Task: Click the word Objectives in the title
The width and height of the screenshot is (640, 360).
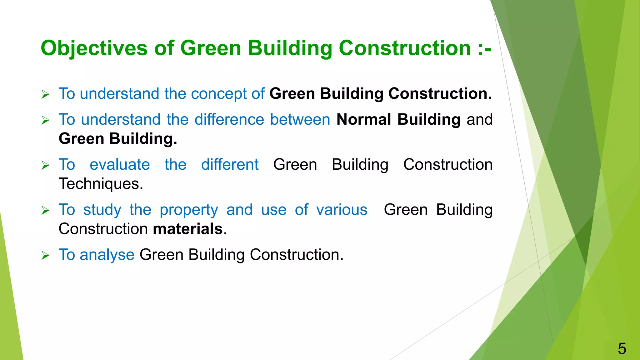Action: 94,48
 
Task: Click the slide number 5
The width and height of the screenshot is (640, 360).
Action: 622,348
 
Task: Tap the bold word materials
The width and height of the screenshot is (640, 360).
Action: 188,229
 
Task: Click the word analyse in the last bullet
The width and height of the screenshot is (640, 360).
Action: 107,255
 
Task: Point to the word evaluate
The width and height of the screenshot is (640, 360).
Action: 120,165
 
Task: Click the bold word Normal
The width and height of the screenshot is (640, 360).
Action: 363,120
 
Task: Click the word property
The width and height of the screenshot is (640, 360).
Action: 189,210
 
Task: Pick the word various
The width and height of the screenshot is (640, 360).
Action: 342,210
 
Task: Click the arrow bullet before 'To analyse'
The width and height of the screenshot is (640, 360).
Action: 46,256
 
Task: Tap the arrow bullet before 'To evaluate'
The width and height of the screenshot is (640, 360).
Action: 46,166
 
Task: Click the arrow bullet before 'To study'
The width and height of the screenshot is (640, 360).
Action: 46,211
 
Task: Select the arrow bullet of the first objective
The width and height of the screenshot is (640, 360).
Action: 46,94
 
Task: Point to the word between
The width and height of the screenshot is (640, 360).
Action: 300,120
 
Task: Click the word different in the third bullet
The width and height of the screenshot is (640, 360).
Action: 230,165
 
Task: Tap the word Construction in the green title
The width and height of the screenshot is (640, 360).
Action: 405,48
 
